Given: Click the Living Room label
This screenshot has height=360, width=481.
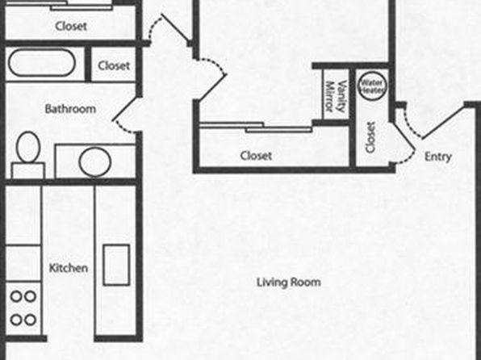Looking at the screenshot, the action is tap(289, 282).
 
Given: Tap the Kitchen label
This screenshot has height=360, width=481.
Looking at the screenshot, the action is tap(69, 268).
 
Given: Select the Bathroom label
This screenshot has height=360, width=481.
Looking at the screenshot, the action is tap(70, 109).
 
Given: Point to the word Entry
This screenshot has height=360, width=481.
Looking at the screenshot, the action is tap(438, 157).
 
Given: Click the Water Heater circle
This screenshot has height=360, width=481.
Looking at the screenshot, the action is tap(372, 86).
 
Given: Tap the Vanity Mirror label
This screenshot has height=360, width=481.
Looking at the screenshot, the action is tap(335, 96).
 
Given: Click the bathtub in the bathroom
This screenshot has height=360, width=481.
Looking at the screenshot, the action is tap(42, 63).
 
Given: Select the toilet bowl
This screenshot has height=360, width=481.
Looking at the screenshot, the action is tap(28, 148).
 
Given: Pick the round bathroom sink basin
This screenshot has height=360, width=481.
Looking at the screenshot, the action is tap(94, 162).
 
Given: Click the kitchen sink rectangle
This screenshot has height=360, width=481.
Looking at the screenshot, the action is tap(116, 265).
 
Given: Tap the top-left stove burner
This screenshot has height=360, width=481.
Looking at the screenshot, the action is tap(16, 296).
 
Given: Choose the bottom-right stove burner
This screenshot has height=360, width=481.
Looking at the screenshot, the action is tap(30, 320).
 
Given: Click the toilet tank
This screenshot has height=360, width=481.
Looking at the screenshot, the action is tap(28, 170).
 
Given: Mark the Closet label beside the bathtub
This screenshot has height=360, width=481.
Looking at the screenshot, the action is tap(114, 65).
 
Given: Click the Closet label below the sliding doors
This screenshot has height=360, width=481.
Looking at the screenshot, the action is tap(256, 156).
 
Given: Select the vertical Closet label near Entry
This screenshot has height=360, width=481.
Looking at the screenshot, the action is tap(370, 137).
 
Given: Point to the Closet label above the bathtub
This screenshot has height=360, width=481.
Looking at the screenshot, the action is tap(71, 26).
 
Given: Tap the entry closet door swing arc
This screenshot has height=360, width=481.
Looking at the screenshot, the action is tap(405, 159).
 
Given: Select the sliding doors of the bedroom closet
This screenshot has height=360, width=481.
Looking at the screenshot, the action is tap(256, 127).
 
